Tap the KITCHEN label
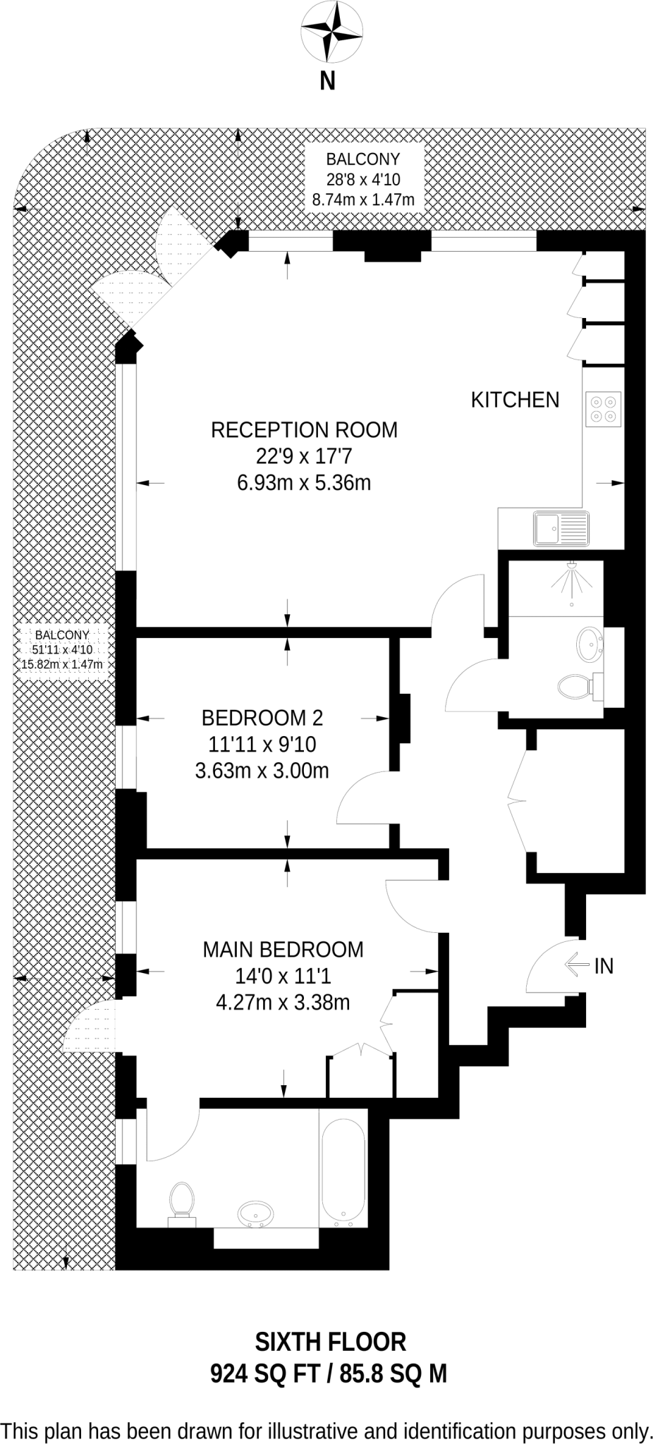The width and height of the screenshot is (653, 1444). tap(515, 400)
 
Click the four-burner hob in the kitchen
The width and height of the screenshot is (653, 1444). tap(604, 409)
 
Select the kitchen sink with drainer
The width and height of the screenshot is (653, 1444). tap(561, 528)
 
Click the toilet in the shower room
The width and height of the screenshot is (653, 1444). tap(576, 685)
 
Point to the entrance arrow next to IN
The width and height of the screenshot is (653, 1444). tap(578, 965)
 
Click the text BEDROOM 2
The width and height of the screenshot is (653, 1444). tap(262, 718)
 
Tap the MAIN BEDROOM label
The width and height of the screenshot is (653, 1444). tap(283, 950)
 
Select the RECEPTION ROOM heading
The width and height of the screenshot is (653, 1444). tap(304, 429)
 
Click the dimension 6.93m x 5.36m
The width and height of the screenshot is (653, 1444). tap(304, 483)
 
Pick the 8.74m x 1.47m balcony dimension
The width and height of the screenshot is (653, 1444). tap(363, 200)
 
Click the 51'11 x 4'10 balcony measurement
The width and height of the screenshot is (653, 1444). tap(62, 649)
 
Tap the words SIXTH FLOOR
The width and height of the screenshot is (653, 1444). tap(330, 1341)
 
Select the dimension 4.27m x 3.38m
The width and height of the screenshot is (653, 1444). tap(283, 1002)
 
